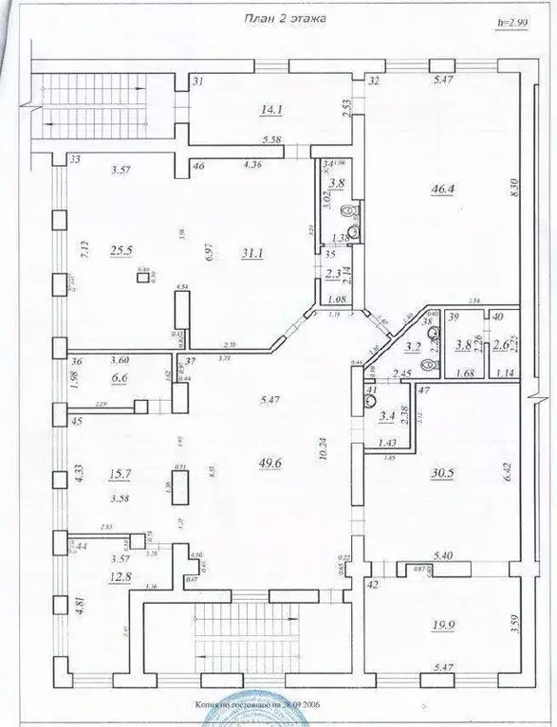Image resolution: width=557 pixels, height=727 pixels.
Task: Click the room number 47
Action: pos(426,391)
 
